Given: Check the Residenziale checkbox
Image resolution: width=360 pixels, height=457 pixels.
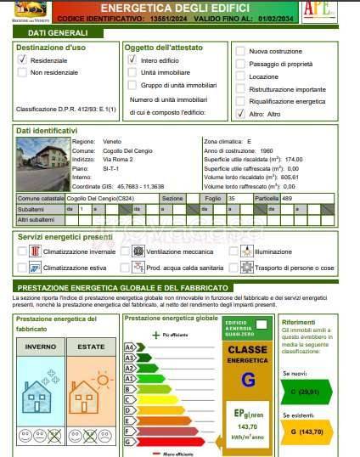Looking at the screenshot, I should click(x=22, y=60).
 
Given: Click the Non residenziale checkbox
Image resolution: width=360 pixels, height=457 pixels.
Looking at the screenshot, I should click(x=22, y=74).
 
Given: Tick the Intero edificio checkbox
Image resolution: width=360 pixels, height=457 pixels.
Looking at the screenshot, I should click(x=132, y=60).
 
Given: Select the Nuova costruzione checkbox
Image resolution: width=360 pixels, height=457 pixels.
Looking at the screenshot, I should click(x=241, y=51).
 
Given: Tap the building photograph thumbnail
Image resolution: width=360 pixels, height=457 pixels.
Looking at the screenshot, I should click(x=42, y=163).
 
